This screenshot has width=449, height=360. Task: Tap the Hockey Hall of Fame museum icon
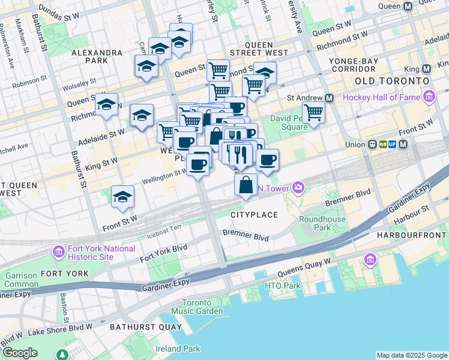429,97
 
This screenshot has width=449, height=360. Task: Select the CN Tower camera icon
298,189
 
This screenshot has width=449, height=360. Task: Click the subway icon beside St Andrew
329,98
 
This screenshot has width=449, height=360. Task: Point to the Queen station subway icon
409,6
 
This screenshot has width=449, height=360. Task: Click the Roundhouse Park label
322,223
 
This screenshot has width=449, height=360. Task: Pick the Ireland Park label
177,349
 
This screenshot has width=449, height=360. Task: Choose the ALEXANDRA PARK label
97,56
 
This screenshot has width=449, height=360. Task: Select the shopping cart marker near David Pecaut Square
313,112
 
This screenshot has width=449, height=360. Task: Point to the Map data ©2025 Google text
411,355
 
